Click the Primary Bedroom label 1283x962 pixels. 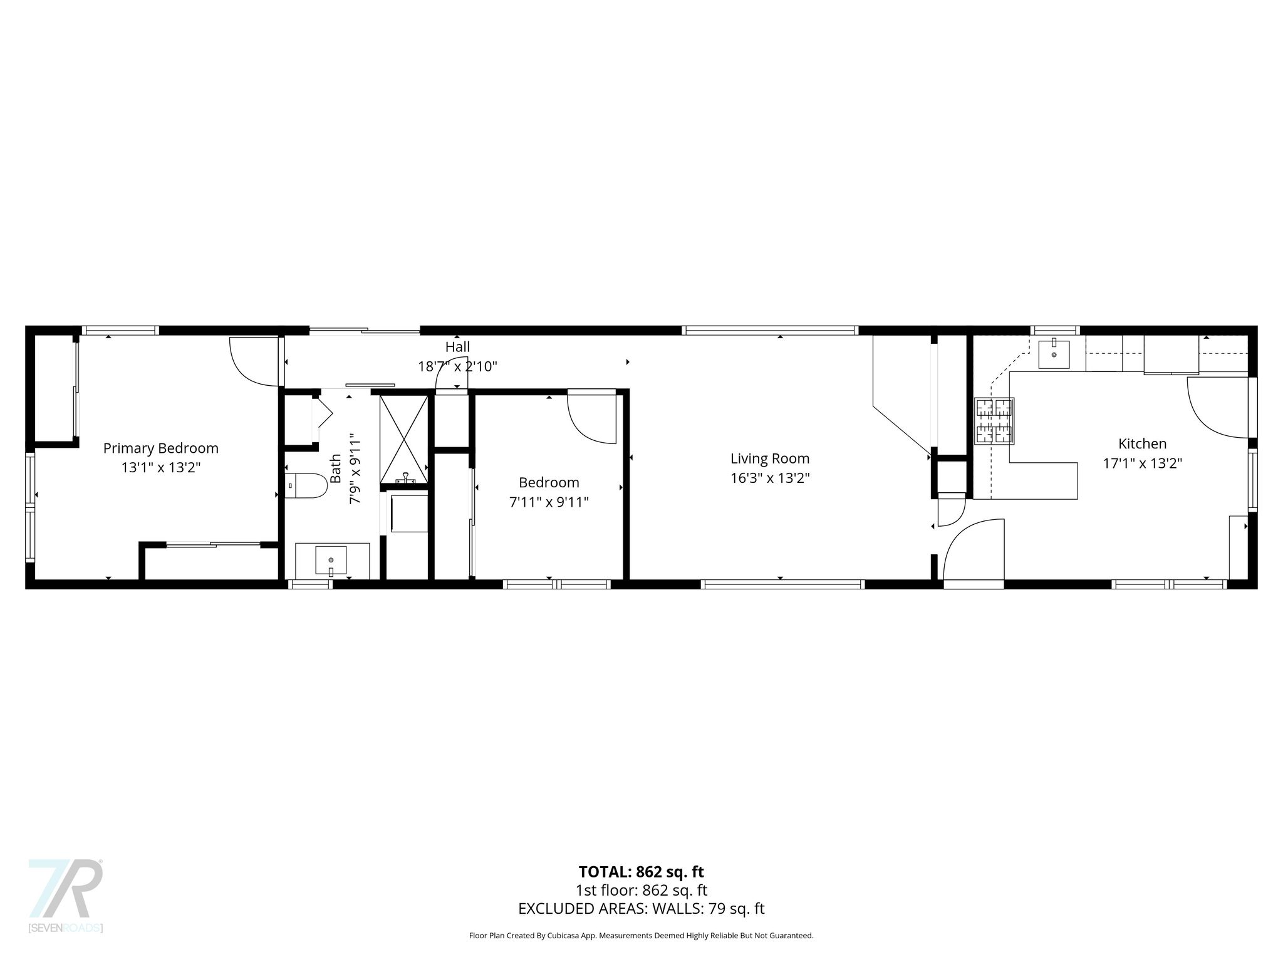click(160, 448)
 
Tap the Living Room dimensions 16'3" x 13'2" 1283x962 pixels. click(770, 478)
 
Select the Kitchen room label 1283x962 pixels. click(1142, 443)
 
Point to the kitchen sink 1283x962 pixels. click(1054, 354)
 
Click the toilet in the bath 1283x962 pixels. click(306, 485)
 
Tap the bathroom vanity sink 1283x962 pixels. click(331, 560)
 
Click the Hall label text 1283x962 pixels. click(457, 347)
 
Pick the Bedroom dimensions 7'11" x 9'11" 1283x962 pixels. click(549, 502)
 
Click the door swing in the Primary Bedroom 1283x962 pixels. click(254, 362)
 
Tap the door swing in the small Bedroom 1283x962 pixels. click(592, 419)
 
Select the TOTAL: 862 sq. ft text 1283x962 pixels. click(641, 872)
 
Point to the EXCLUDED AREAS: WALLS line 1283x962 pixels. click(641, 909)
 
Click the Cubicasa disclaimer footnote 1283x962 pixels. click(641, 936)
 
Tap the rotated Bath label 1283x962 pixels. click(336, 468)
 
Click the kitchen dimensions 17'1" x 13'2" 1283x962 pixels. click(1142, 463)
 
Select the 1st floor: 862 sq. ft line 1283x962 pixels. click(641, 890)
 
